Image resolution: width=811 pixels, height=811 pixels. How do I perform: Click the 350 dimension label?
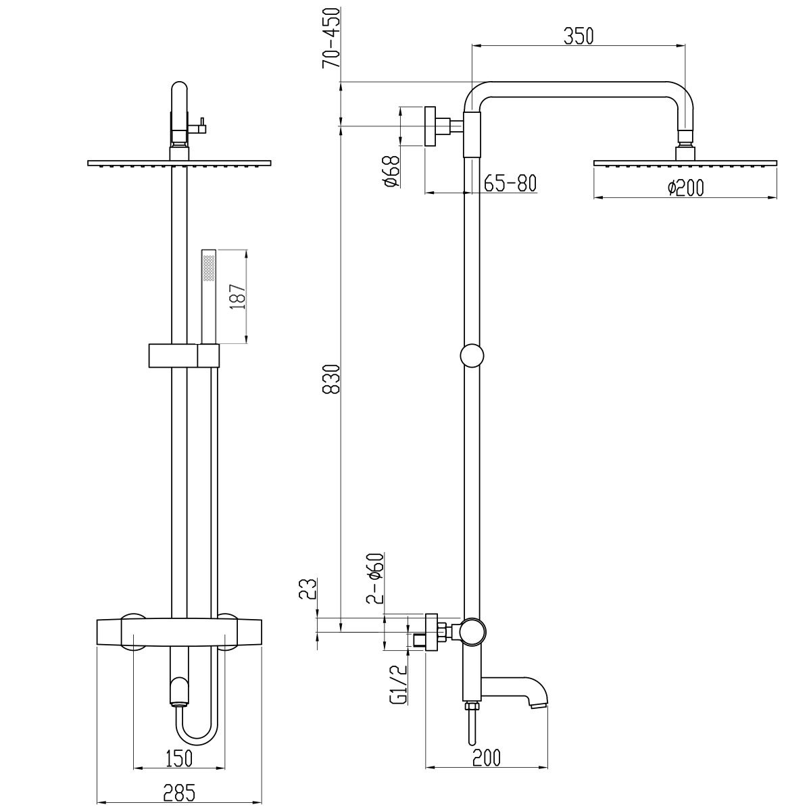579,36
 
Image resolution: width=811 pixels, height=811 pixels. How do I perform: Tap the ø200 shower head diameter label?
685,189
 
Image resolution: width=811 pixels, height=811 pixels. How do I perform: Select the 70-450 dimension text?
331,39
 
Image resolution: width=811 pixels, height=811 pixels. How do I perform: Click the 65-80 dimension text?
510,183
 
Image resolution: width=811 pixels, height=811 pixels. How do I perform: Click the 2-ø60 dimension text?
375,578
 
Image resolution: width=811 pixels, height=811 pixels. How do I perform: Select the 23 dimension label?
308,589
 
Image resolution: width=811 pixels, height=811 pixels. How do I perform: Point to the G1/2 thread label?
398,684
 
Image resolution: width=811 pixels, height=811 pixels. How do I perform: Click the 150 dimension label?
178,758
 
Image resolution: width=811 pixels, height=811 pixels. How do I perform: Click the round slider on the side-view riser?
471,355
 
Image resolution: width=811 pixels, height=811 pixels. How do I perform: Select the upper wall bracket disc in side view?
431,125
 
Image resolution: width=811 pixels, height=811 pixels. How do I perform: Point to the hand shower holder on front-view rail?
183,355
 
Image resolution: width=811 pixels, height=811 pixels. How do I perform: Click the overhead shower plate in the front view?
179,163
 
